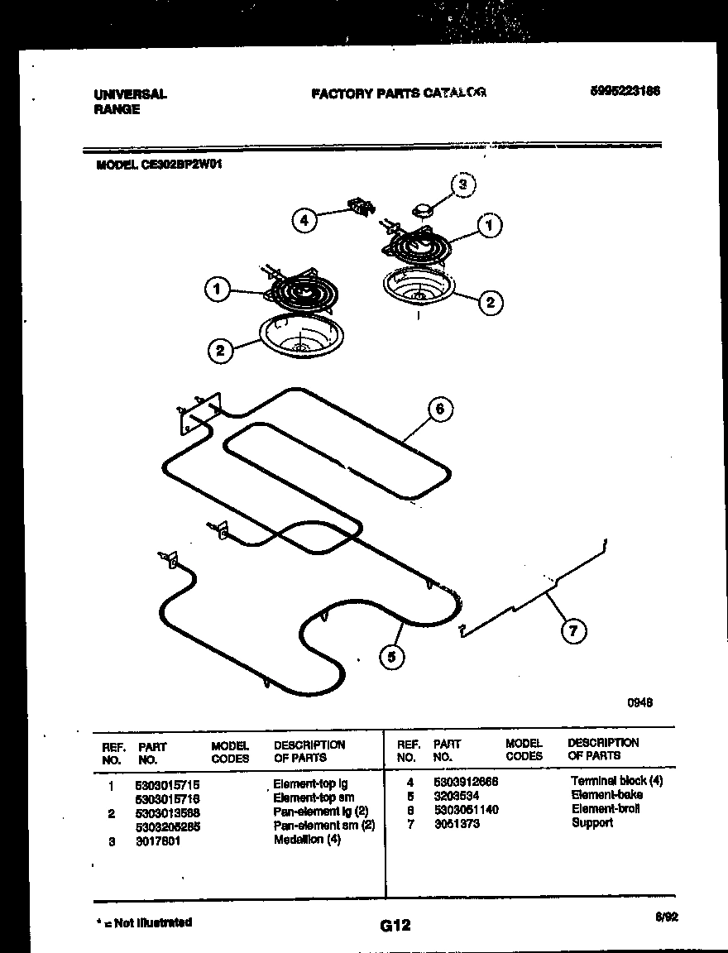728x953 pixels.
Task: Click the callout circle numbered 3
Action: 463,184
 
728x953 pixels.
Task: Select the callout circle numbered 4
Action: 304,220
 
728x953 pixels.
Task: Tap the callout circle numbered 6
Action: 439,409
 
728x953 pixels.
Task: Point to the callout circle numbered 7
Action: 572,630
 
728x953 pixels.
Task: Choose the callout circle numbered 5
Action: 392,658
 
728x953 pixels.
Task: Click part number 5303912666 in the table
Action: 465,781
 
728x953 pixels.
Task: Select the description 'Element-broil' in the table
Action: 605,809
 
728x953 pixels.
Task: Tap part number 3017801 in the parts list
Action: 158,840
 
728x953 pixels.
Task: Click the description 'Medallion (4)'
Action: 306,840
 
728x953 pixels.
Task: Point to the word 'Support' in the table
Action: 591,823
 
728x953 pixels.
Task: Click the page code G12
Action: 395,926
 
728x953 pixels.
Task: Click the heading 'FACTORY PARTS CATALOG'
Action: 398,93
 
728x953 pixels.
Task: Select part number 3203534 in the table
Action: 456,795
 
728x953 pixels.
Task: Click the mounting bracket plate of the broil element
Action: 199,412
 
